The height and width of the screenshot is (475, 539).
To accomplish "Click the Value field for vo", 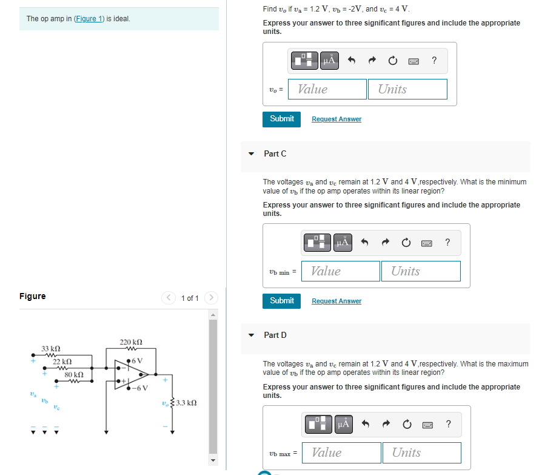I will click(327, 89).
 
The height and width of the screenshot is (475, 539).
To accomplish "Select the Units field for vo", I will click(407, 89).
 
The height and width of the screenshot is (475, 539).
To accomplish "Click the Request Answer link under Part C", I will click(336, 301).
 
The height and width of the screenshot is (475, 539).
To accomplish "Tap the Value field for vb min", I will click(341, 271).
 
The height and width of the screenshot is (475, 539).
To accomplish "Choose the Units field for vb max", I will click(421, 453).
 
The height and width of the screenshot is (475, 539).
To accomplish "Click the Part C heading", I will click(275, 153).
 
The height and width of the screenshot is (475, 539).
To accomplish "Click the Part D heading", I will click(275, 335).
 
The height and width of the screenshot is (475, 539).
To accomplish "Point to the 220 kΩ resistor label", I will click(131, 342).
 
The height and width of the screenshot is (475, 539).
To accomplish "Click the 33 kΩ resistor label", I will click(50, 349).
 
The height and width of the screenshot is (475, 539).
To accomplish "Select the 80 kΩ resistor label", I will click(74, 376).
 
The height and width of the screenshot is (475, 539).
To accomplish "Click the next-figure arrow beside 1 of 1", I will click(210, 298).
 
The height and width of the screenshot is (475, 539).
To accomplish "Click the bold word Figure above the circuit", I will click(32, 296).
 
